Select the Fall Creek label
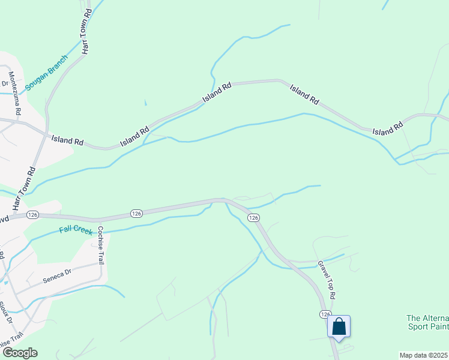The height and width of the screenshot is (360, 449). pyautogui.click(x=75, y=229)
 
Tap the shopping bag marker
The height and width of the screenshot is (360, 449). pyautogui.click(x=339, y=327)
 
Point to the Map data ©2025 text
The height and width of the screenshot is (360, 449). pyautogui.click(x=424, y=355)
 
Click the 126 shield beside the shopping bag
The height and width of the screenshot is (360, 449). pyautogui.click(x=325, y=314)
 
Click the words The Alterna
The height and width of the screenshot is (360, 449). pyautogui.click(x=427, y=318)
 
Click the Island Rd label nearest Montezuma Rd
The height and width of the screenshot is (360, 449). pyautogui.click(x=67, y=140)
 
